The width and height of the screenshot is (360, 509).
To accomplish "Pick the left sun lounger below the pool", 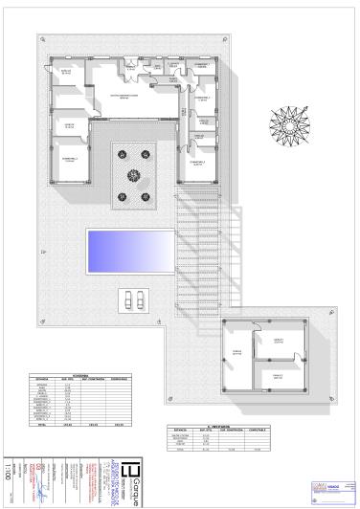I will [x=126, y=298].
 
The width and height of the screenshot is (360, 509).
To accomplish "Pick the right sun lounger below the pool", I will [x=140, y=298].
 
